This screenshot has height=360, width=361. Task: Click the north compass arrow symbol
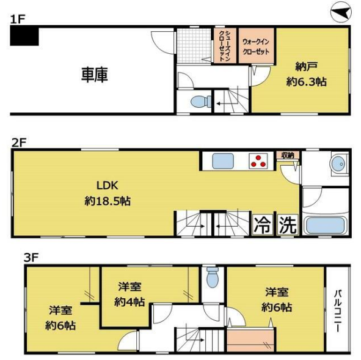click(341, 12)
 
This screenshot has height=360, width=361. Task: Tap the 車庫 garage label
click(95, 75)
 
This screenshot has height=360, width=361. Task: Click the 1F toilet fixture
click(201, 101)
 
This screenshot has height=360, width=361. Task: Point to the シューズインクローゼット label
click(224, 46)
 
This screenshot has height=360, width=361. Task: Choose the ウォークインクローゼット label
click(256, 46)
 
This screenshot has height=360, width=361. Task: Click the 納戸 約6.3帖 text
click(307, 74)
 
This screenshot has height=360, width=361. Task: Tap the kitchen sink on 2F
click(223, 161)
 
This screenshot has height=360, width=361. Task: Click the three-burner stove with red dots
click(258, 161)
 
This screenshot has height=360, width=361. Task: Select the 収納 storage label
click(288, 155)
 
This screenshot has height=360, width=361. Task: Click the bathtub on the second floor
click(324, 226)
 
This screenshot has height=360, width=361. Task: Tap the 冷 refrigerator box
click(263, 224)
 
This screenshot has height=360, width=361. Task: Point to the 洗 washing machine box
click(288, 224)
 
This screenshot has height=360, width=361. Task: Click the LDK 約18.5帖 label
click(108, 193)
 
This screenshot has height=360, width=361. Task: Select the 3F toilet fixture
click(212, 277)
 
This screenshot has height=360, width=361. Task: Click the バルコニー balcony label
click(338, 311)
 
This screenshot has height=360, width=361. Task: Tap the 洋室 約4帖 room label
click(129, 294)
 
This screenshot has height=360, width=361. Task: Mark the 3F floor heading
click(31, 257)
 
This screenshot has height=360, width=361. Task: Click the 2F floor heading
click(19, 143)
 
